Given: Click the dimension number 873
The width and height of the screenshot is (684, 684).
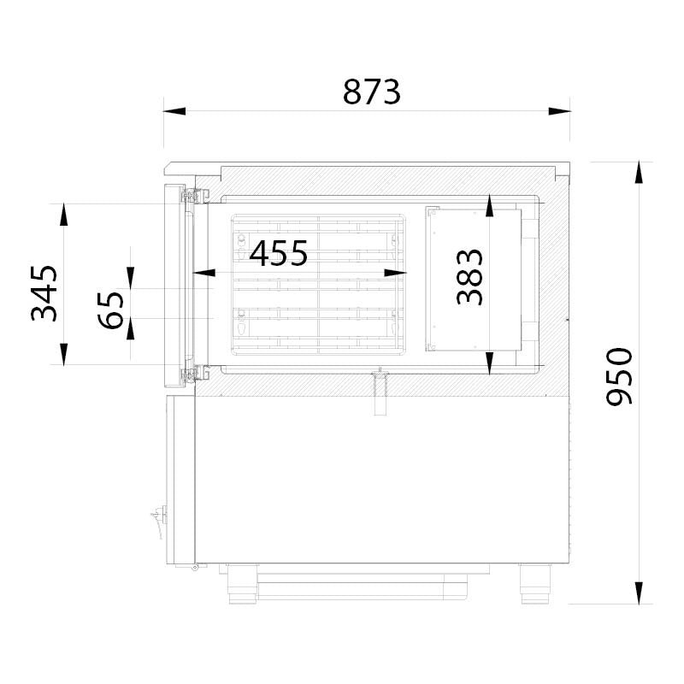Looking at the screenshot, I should coord(372,91).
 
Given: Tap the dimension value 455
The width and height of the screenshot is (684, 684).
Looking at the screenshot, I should coord(279,254).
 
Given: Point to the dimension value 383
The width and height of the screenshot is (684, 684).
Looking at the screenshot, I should coord(469,277).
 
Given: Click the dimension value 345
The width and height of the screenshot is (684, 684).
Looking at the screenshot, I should coord(44,292).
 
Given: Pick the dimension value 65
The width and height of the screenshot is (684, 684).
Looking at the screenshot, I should coord(111,309).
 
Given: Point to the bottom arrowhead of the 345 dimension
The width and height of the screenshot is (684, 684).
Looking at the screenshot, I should coord(63,353).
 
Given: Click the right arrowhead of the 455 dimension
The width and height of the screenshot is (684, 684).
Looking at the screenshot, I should coord(395,273).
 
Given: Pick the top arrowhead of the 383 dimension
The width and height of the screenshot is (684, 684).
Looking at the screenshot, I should coord(488,205).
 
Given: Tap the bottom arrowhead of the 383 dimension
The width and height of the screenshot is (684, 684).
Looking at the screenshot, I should coord(488,364).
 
